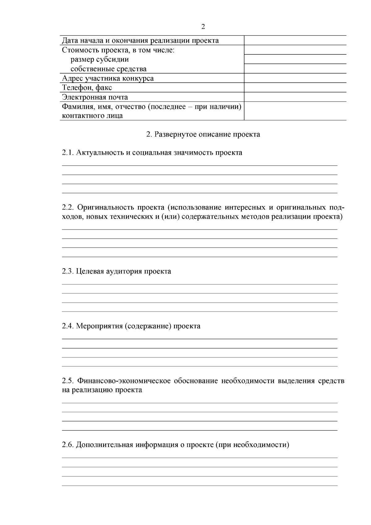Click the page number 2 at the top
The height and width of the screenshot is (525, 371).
point(203,27)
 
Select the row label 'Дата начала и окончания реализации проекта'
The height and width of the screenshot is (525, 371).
point(140,41)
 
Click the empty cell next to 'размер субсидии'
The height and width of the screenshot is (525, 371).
point(295,59)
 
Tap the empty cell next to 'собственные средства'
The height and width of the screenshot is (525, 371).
point(295,69)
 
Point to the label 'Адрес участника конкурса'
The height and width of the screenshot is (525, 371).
point(108,78)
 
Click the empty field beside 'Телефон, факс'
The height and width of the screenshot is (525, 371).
point(295,88)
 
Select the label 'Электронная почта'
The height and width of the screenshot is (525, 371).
point(95,97)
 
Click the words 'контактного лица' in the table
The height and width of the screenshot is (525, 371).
point(92,116)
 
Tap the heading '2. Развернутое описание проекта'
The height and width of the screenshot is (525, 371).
point(203,134)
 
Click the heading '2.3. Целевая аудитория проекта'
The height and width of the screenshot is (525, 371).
point(117,271)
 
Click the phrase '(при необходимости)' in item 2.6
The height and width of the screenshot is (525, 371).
point(252,445)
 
